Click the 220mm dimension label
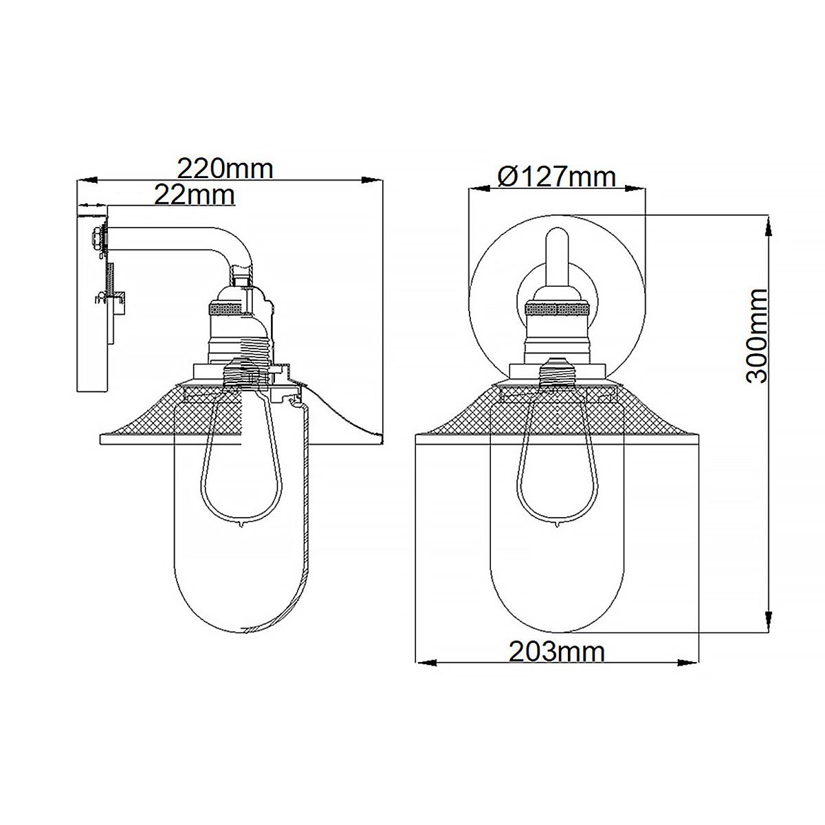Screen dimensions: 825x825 [225, 168]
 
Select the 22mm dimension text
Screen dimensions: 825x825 [194, 195]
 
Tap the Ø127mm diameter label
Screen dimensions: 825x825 [556, 177]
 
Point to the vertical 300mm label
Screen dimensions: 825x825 [756, 335]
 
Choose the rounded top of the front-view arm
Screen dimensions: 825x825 [557, 237]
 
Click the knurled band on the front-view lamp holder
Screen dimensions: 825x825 [557, 309]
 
